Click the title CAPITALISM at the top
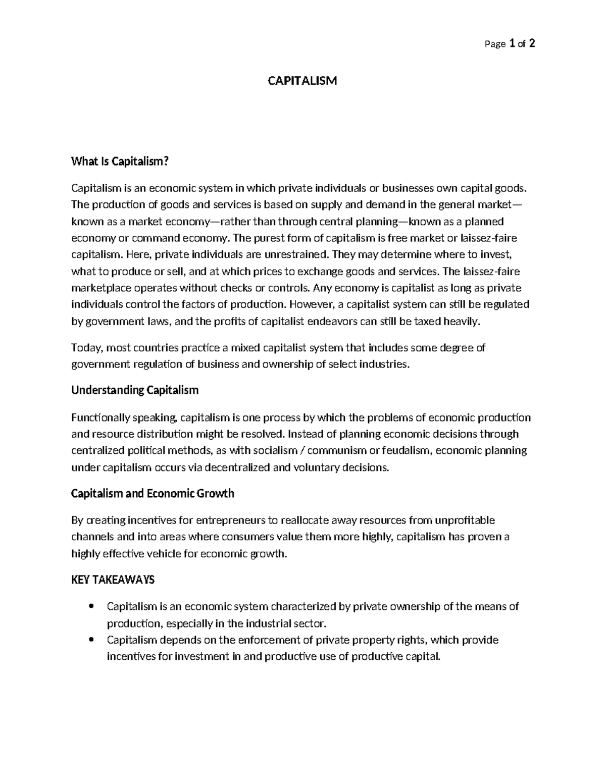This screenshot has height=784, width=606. tap(302, 81)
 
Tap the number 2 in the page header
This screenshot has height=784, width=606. tap(532, 43)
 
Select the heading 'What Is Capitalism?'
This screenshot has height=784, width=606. tap(119, 162)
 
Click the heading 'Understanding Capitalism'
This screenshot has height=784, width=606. tap(135, 390)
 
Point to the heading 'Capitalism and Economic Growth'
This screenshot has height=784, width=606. tap(153, 493)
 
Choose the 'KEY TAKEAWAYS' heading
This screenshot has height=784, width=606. tap(113, 580)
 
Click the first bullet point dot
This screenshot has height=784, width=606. tap(91, 606)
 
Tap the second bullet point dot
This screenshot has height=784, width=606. tap(91, 640)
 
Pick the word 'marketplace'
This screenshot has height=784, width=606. tap(101, 288)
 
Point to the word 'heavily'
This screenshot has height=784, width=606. tap(460, 321)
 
